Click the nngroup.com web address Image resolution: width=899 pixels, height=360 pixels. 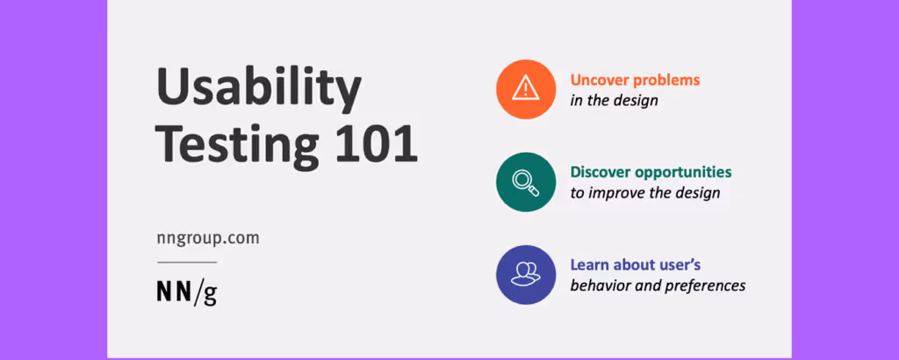[208, 238]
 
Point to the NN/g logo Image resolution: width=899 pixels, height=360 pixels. [187, 292]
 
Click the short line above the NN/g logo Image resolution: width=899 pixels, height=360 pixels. [187, 262]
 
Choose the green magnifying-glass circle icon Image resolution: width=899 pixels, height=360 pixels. [526, 182]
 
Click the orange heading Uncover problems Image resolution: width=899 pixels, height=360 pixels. [635, 79]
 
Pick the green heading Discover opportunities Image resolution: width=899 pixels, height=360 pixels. [651, 172]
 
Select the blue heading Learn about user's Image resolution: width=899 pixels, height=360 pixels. [635, 264]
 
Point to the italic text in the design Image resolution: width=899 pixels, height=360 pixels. [614, 100]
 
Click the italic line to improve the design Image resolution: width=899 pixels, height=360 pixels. [645, 193]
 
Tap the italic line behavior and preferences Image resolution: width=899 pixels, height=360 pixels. [658, 285]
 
